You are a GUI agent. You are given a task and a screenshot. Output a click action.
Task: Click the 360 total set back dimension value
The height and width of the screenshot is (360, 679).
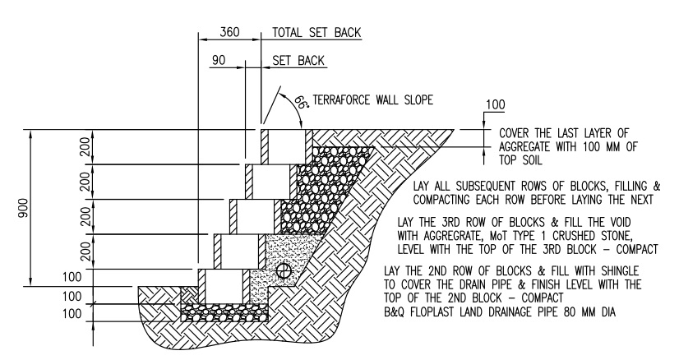(231, 33)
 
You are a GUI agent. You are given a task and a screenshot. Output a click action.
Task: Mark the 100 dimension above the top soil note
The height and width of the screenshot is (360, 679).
(496, 106)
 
